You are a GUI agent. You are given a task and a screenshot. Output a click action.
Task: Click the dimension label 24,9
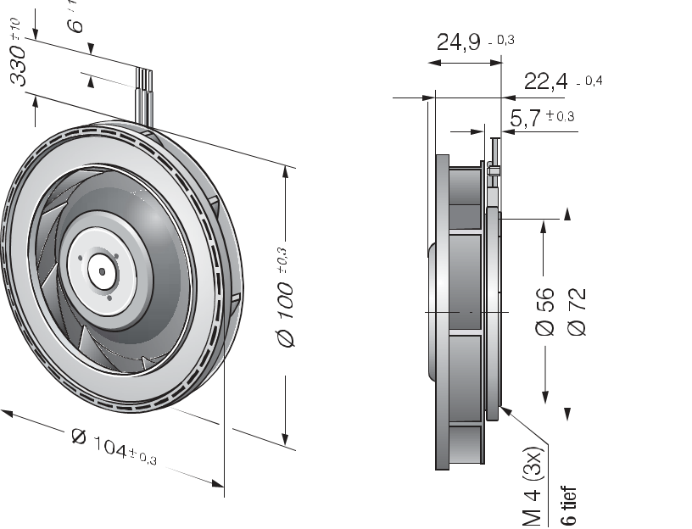pos(458,42)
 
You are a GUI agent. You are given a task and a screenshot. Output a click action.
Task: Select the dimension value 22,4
pos(545,81)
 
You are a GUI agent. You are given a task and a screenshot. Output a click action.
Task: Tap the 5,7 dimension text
pos(526,119)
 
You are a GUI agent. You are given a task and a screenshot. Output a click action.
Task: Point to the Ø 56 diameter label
pos(544,312)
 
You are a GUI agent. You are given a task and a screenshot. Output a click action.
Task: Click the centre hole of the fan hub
pos(102,272)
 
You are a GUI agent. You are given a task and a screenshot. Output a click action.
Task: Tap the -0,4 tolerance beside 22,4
pos(588,81)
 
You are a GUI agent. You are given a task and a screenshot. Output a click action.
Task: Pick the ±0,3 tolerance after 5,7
pos(560,117)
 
